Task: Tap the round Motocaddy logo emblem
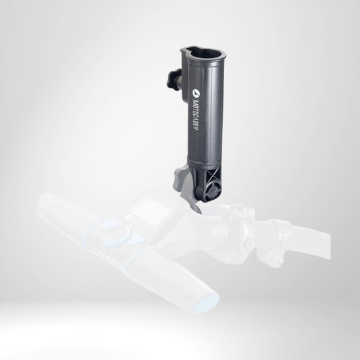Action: [x=195, y=93]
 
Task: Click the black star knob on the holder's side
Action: [x=174, y=78]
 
